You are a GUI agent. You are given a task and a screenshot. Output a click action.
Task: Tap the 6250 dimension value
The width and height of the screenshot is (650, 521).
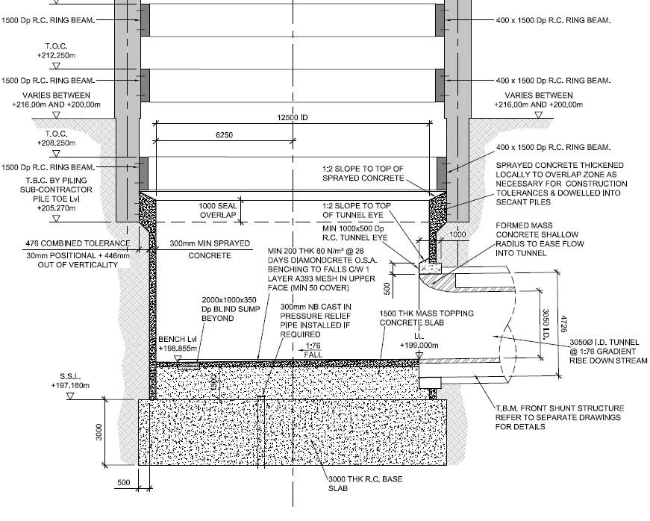click(225, 135)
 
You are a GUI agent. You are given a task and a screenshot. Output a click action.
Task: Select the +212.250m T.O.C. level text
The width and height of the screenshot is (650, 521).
click(57, 55)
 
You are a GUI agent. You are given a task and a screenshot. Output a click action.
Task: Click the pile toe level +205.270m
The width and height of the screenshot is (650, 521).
click(57, 210)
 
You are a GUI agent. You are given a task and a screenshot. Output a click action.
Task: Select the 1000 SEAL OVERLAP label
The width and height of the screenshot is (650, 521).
click(217, 211)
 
